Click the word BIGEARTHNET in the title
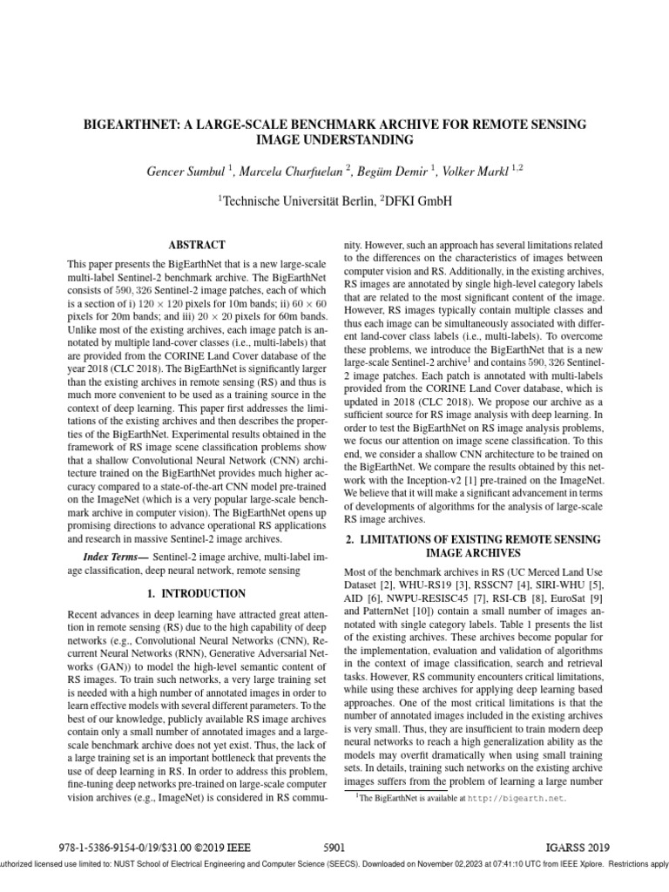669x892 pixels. click(130, 125)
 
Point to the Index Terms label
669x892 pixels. click(115, 556)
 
